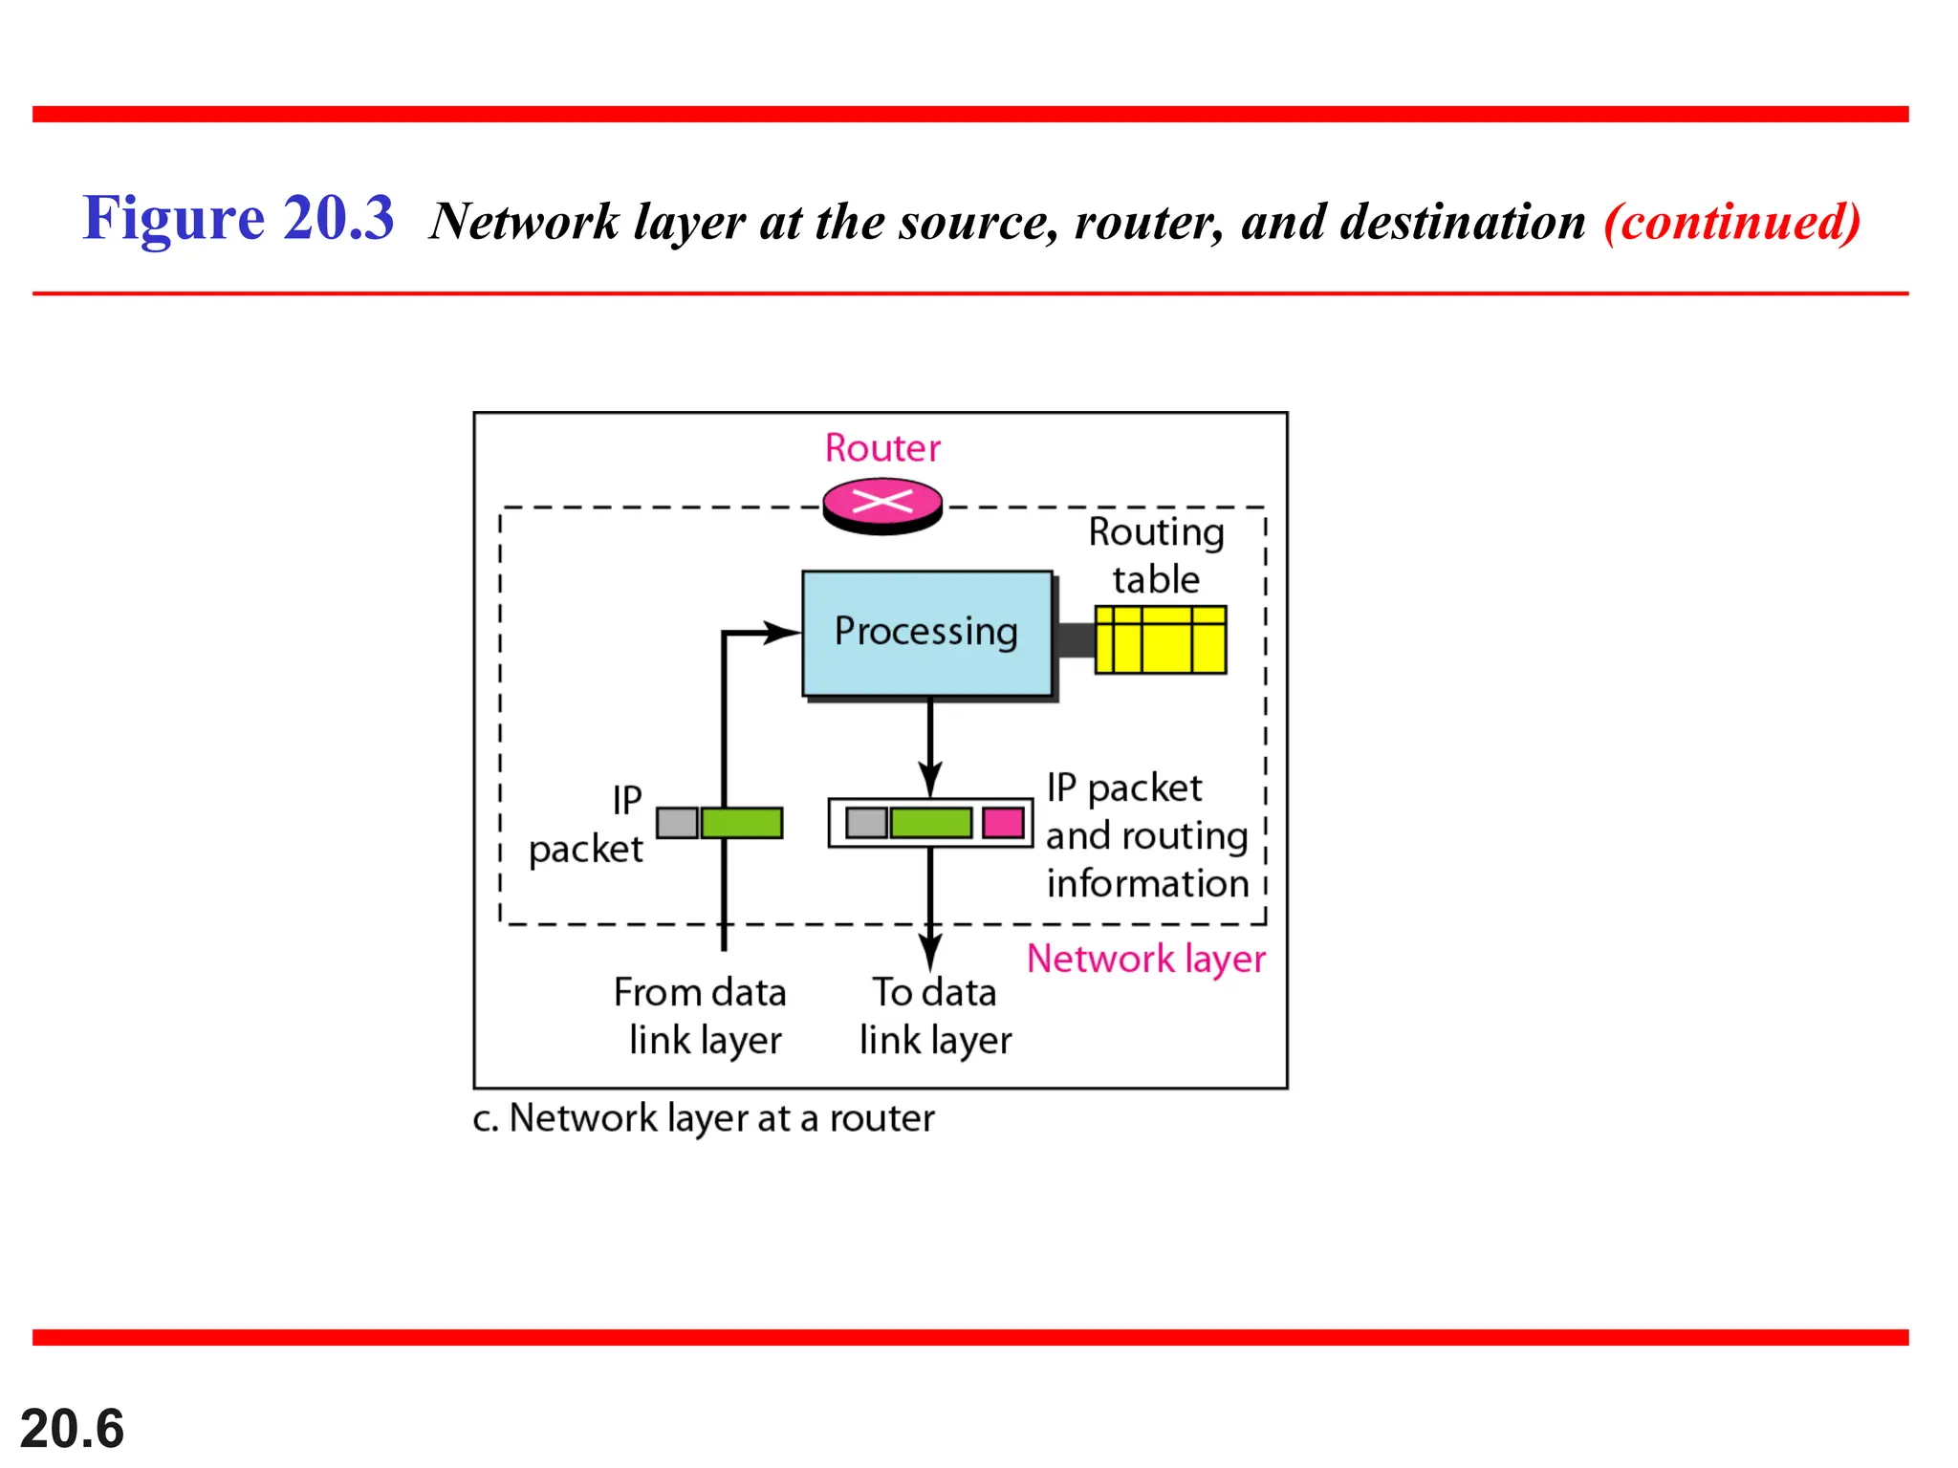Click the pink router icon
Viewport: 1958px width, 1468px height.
point(882,505)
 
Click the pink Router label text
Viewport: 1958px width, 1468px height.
point(882,448)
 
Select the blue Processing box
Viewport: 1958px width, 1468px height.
point(926,633)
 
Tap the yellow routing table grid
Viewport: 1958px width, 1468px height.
point(1160,639)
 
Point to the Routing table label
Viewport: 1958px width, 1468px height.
point(1156,555)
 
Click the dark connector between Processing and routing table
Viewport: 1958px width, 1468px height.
point(1075,639)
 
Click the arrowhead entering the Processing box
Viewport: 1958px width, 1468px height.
point(781,632)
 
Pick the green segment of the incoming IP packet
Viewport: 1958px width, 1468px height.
point(742,823)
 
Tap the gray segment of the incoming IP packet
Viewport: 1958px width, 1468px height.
point(677,823)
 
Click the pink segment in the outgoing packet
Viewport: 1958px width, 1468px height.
point(1003,823)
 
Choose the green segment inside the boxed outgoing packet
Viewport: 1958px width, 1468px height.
point(930,823)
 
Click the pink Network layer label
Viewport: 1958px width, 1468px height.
point(1145,959)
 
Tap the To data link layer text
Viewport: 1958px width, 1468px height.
point(934,1016)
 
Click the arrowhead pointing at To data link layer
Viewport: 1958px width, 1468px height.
point(930,952)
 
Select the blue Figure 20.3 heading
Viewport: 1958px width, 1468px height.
point(238,219)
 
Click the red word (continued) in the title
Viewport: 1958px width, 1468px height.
point(1731,222)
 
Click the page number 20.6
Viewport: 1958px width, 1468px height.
point(73,1428)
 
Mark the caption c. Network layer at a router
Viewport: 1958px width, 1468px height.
point(703,1118)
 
